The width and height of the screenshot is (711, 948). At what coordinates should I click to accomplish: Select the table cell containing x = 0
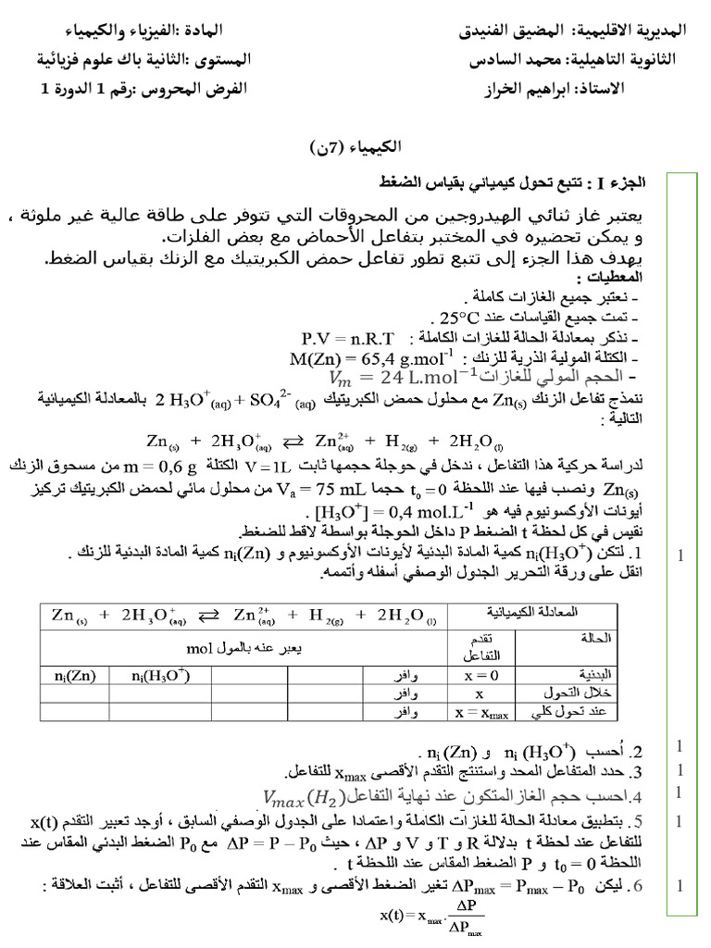tap(476, 675)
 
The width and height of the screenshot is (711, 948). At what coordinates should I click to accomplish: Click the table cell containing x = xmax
tap(476, 711)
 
